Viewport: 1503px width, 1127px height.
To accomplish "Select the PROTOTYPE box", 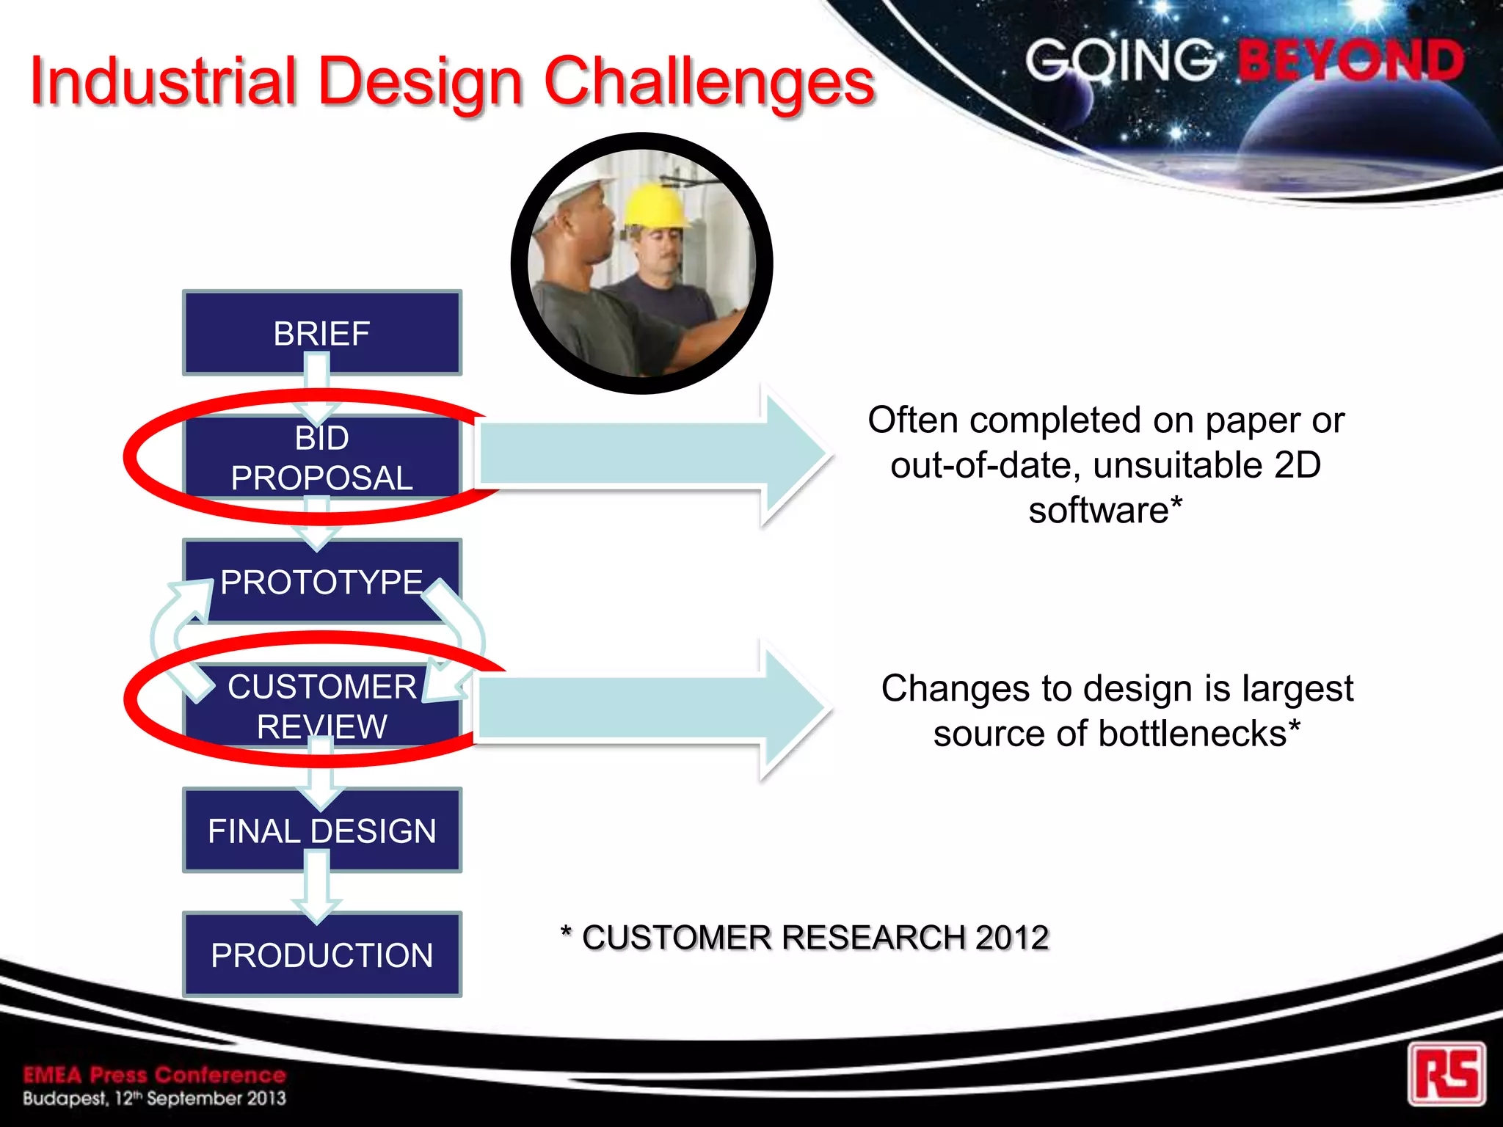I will [321, 583].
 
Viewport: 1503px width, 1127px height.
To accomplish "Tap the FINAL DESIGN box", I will [321, 831].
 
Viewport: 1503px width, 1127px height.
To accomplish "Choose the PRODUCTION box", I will [321, 955].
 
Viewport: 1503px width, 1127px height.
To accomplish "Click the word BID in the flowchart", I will [321, 439].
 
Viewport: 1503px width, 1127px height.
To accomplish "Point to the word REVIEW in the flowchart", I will [321, 727].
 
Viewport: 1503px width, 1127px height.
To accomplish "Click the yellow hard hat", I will [655, 205].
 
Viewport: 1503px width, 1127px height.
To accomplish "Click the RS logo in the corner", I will [1446, 1073].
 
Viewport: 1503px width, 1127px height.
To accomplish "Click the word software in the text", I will [1099, 510].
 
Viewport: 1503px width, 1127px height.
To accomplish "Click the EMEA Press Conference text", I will [154, 1075].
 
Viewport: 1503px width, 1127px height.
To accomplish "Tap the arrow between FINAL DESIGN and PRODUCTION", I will [317, 888].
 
